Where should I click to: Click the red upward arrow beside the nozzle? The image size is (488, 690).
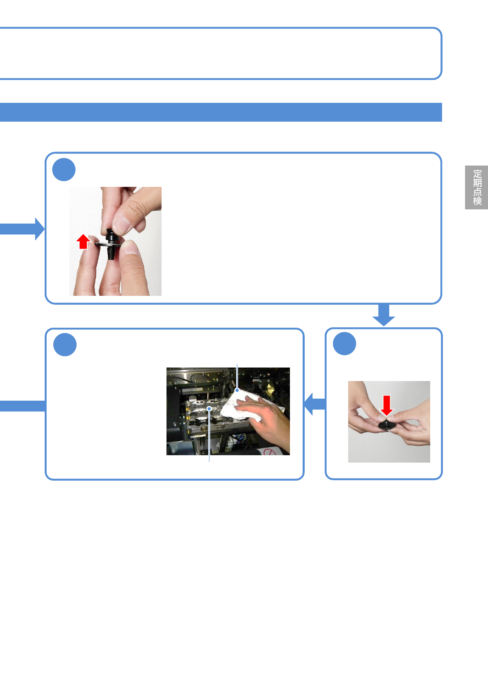[x=83, y=241]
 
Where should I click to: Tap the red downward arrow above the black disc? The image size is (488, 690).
[x=386, y=405]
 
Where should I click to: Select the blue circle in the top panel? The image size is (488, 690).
[x=64, y=170]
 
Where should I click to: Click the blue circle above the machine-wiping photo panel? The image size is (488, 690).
[x=65, y=345]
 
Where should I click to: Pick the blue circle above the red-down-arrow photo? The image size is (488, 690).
[x=344, y=344]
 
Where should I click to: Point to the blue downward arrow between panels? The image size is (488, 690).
[x=384, y=315]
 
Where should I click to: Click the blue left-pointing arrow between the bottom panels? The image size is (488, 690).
[x=315, y=404]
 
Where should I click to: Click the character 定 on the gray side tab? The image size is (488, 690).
[x=477, y=174]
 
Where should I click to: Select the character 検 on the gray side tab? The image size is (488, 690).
[x=477, y=201]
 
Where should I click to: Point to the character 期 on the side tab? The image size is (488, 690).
[x=477, y=183]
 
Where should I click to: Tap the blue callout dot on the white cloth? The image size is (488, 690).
[x=237, y=390]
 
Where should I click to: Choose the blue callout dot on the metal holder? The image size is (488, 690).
[x=209, y=409]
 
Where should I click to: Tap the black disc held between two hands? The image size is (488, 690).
[x=386, y=425]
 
